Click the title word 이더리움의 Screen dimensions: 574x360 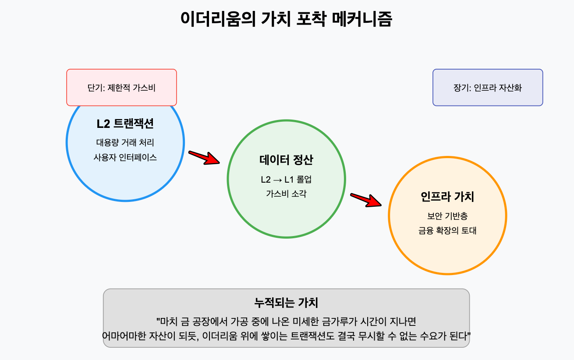pos(218,19)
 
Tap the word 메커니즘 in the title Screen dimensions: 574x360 pos(362,19)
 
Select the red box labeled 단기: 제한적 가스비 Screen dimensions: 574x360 pos(121,87)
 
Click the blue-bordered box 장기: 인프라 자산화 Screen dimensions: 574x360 pos(488,87)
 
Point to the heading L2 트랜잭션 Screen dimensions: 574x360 pos(125,124)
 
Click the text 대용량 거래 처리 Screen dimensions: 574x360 pos(125,142)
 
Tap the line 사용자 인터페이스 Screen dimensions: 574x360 pos(125,157)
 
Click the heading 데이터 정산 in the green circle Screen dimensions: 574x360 pos(286,160)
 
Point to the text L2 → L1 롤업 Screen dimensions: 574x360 pos(286,180)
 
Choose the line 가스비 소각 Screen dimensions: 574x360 pos(286,194)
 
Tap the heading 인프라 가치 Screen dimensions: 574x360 pos(447,197)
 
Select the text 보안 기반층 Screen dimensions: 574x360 pos(447,216)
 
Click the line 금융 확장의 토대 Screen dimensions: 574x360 pos(447,231)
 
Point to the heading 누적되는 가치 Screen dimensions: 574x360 pos(286,303)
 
